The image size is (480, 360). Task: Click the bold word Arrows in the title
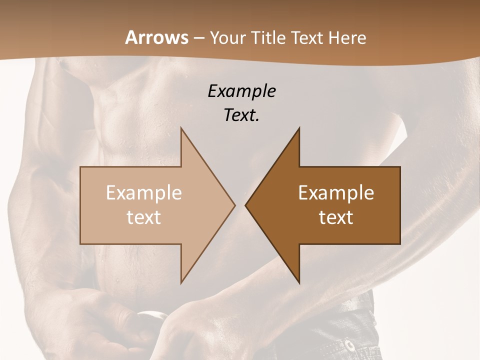click(x=157, y=37)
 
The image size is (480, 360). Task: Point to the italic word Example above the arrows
click(x=241, y=91)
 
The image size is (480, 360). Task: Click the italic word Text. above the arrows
click(x=241, y=115)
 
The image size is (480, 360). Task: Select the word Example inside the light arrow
click(x=144, y=193)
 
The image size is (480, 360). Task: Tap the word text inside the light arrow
click(x=144, y=217)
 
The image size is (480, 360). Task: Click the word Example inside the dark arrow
click(x=336, y=193)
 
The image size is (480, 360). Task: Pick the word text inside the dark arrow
click(x=336, y=217)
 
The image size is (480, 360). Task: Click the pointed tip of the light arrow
click(x=234, y=205)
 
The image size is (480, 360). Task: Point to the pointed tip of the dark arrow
click(x=246, y=205)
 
